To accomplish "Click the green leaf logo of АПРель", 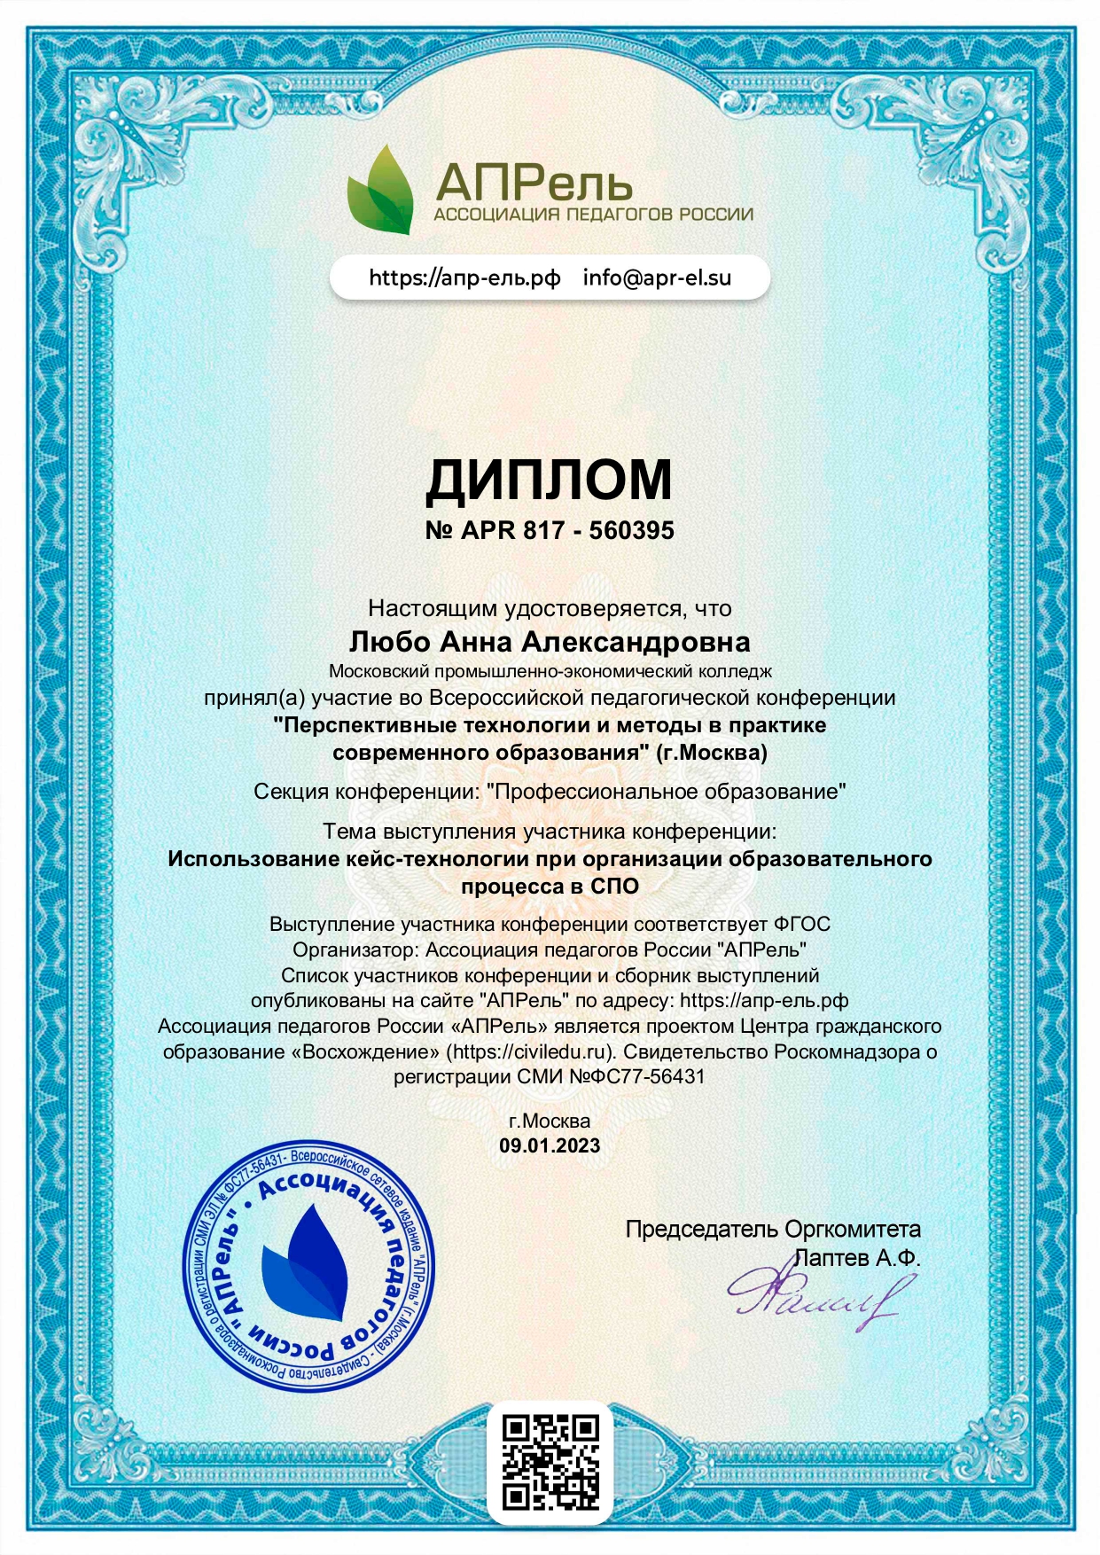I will [381, 191].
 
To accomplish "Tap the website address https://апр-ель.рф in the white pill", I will [464, 277].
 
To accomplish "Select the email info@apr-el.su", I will [657, 277].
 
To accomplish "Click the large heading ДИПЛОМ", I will [550, 480].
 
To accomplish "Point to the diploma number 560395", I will [632, 530].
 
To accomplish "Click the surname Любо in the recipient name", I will [389, 641].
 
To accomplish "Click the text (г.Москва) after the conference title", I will [712, 753].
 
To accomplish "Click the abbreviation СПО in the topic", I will [614, 886].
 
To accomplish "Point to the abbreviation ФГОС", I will [801, 924].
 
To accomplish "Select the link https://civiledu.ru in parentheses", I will [530, 1051].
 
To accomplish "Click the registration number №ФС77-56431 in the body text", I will [636, 1076].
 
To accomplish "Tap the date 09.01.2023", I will [550, 1145].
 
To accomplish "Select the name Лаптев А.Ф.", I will [857, 1257].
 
